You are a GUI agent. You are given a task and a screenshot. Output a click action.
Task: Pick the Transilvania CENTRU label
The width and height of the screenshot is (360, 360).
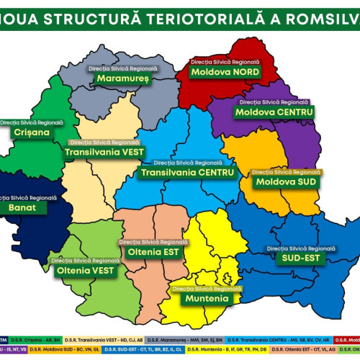click(188, 173)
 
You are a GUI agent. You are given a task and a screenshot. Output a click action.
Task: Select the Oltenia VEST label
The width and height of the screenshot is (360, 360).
click(85, 271)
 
